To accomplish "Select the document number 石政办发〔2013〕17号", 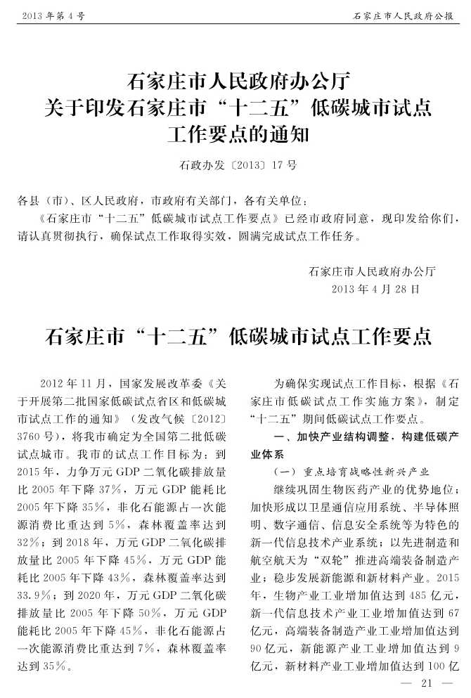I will coord(238,167).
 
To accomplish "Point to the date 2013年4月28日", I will coord(375,289).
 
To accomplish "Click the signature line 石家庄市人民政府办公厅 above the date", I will coord(373,269).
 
